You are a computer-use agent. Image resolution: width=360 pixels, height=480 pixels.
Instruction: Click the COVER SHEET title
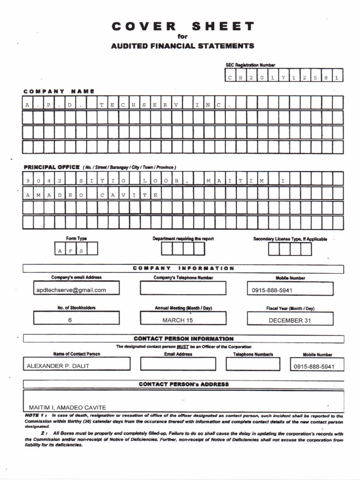[x=183, y=26]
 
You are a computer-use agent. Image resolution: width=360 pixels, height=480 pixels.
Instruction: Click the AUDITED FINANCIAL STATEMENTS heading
[x=183, y=46]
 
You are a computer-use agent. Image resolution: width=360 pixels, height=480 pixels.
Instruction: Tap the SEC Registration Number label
[x=250, y=65]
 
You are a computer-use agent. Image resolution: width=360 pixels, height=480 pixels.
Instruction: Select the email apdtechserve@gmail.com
[x=71, y=290]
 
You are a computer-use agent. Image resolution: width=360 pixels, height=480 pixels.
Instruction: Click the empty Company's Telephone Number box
[x=183, y=288]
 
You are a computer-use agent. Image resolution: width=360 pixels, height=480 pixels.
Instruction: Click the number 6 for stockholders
[x=70, y=320]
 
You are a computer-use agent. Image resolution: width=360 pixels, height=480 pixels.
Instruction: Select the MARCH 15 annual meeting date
[x=178, y=320]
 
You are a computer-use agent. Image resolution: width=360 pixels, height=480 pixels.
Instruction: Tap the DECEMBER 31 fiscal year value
[x=290, y=320]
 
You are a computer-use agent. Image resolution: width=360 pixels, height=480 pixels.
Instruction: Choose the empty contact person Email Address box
[x=178, y=364]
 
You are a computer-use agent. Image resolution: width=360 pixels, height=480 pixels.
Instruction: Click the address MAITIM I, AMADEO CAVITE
[x=67, y=407]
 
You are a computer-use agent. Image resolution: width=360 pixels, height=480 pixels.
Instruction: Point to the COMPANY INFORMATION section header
[x=183, y=268]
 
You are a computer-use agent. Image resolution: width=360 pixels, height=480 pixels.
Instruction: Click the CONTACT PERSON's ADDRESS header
[x=184, y=384]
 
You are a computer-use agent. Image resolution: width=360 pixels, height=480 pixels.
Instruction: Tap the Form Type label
[x=76, y=239]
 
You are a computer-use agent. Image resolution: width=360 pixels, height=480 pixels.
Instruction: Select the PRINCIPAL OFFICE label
[x=52, y=167]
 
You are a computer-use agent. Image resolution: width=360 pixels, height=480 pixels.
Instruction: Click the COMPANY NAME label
[x=59, y=91]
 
